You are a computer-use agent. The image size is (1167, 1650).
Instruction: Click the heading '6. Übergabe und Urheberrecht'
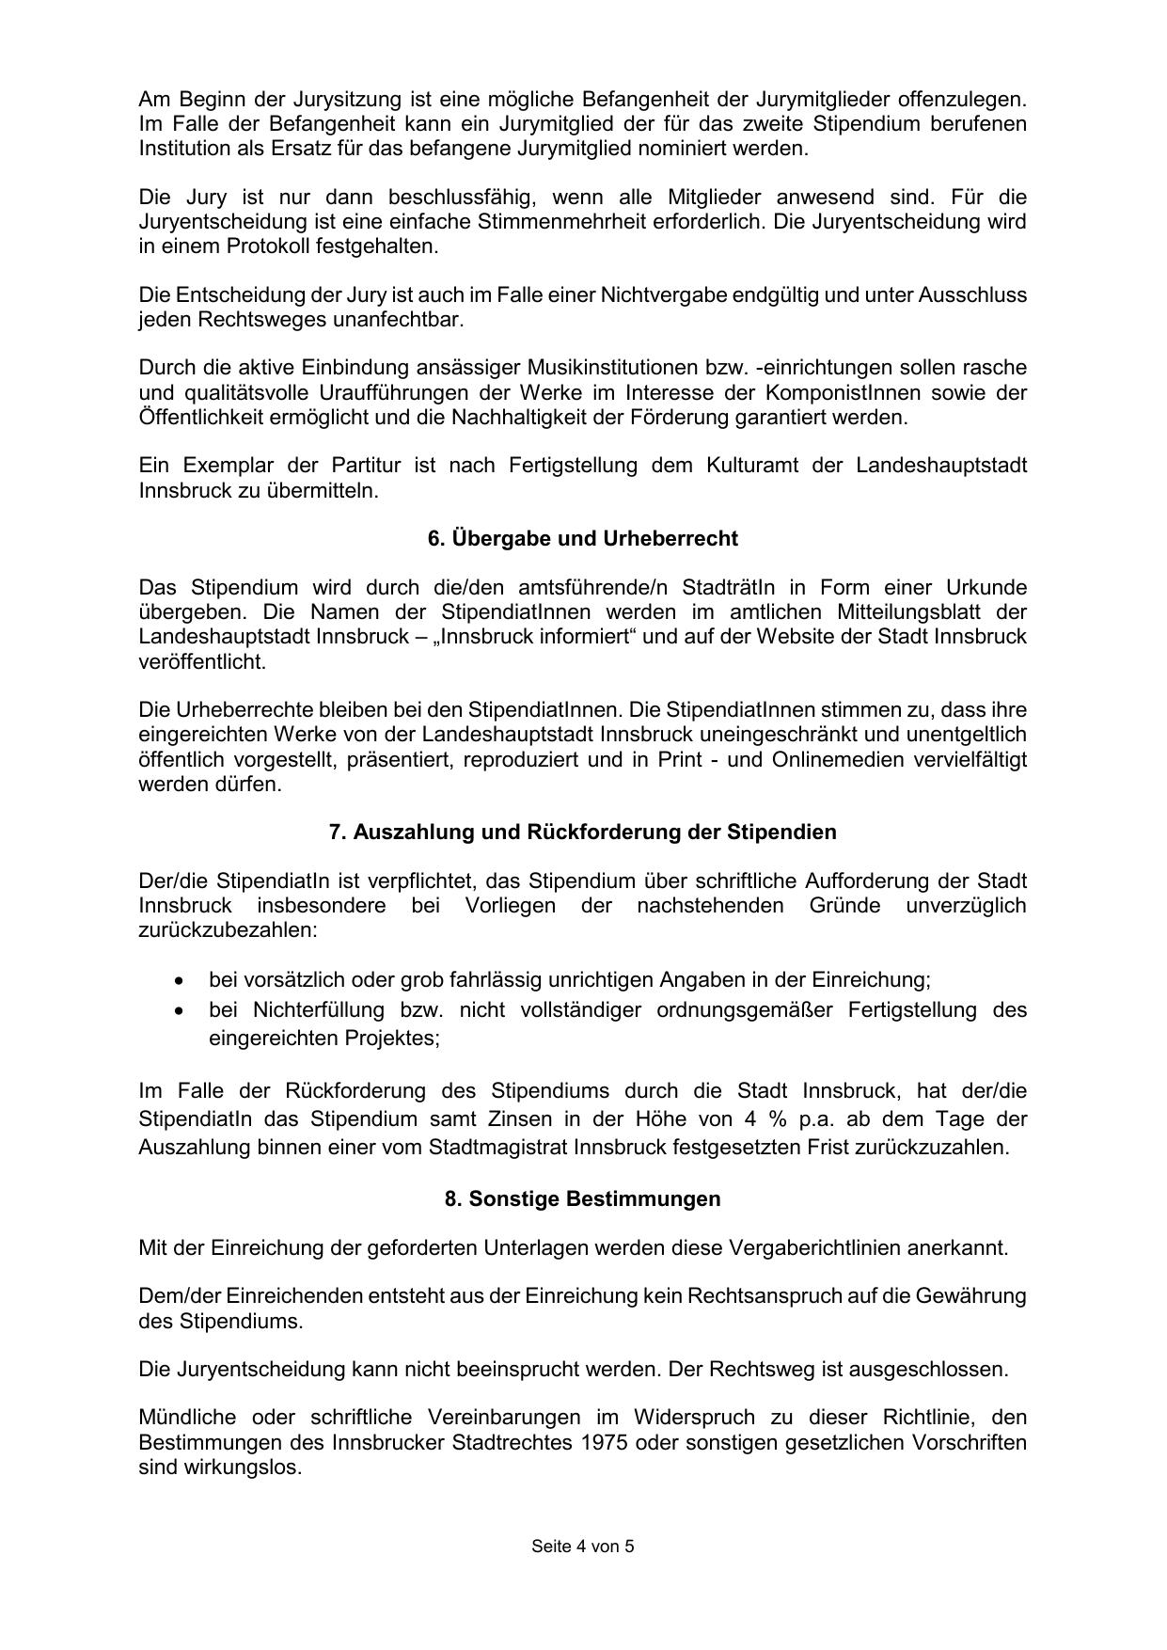coord(582,539)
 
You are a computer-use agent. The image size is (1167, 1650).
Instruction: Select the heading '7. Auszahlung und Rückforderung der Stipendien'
coord(582,833)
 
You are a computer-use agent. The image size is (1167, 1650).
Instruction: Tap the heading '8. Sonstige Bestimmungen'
coord(582,1199)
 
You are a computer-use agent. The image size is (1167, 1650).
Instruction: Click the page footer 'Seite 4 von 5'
coord(582,1546)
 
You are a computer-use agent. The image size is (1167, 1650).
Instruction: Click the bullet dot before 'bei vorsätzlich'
coord(179,980)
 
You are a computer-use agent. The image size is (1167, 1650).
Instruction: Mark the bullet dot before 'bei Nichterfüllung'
coord(179,1010)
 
